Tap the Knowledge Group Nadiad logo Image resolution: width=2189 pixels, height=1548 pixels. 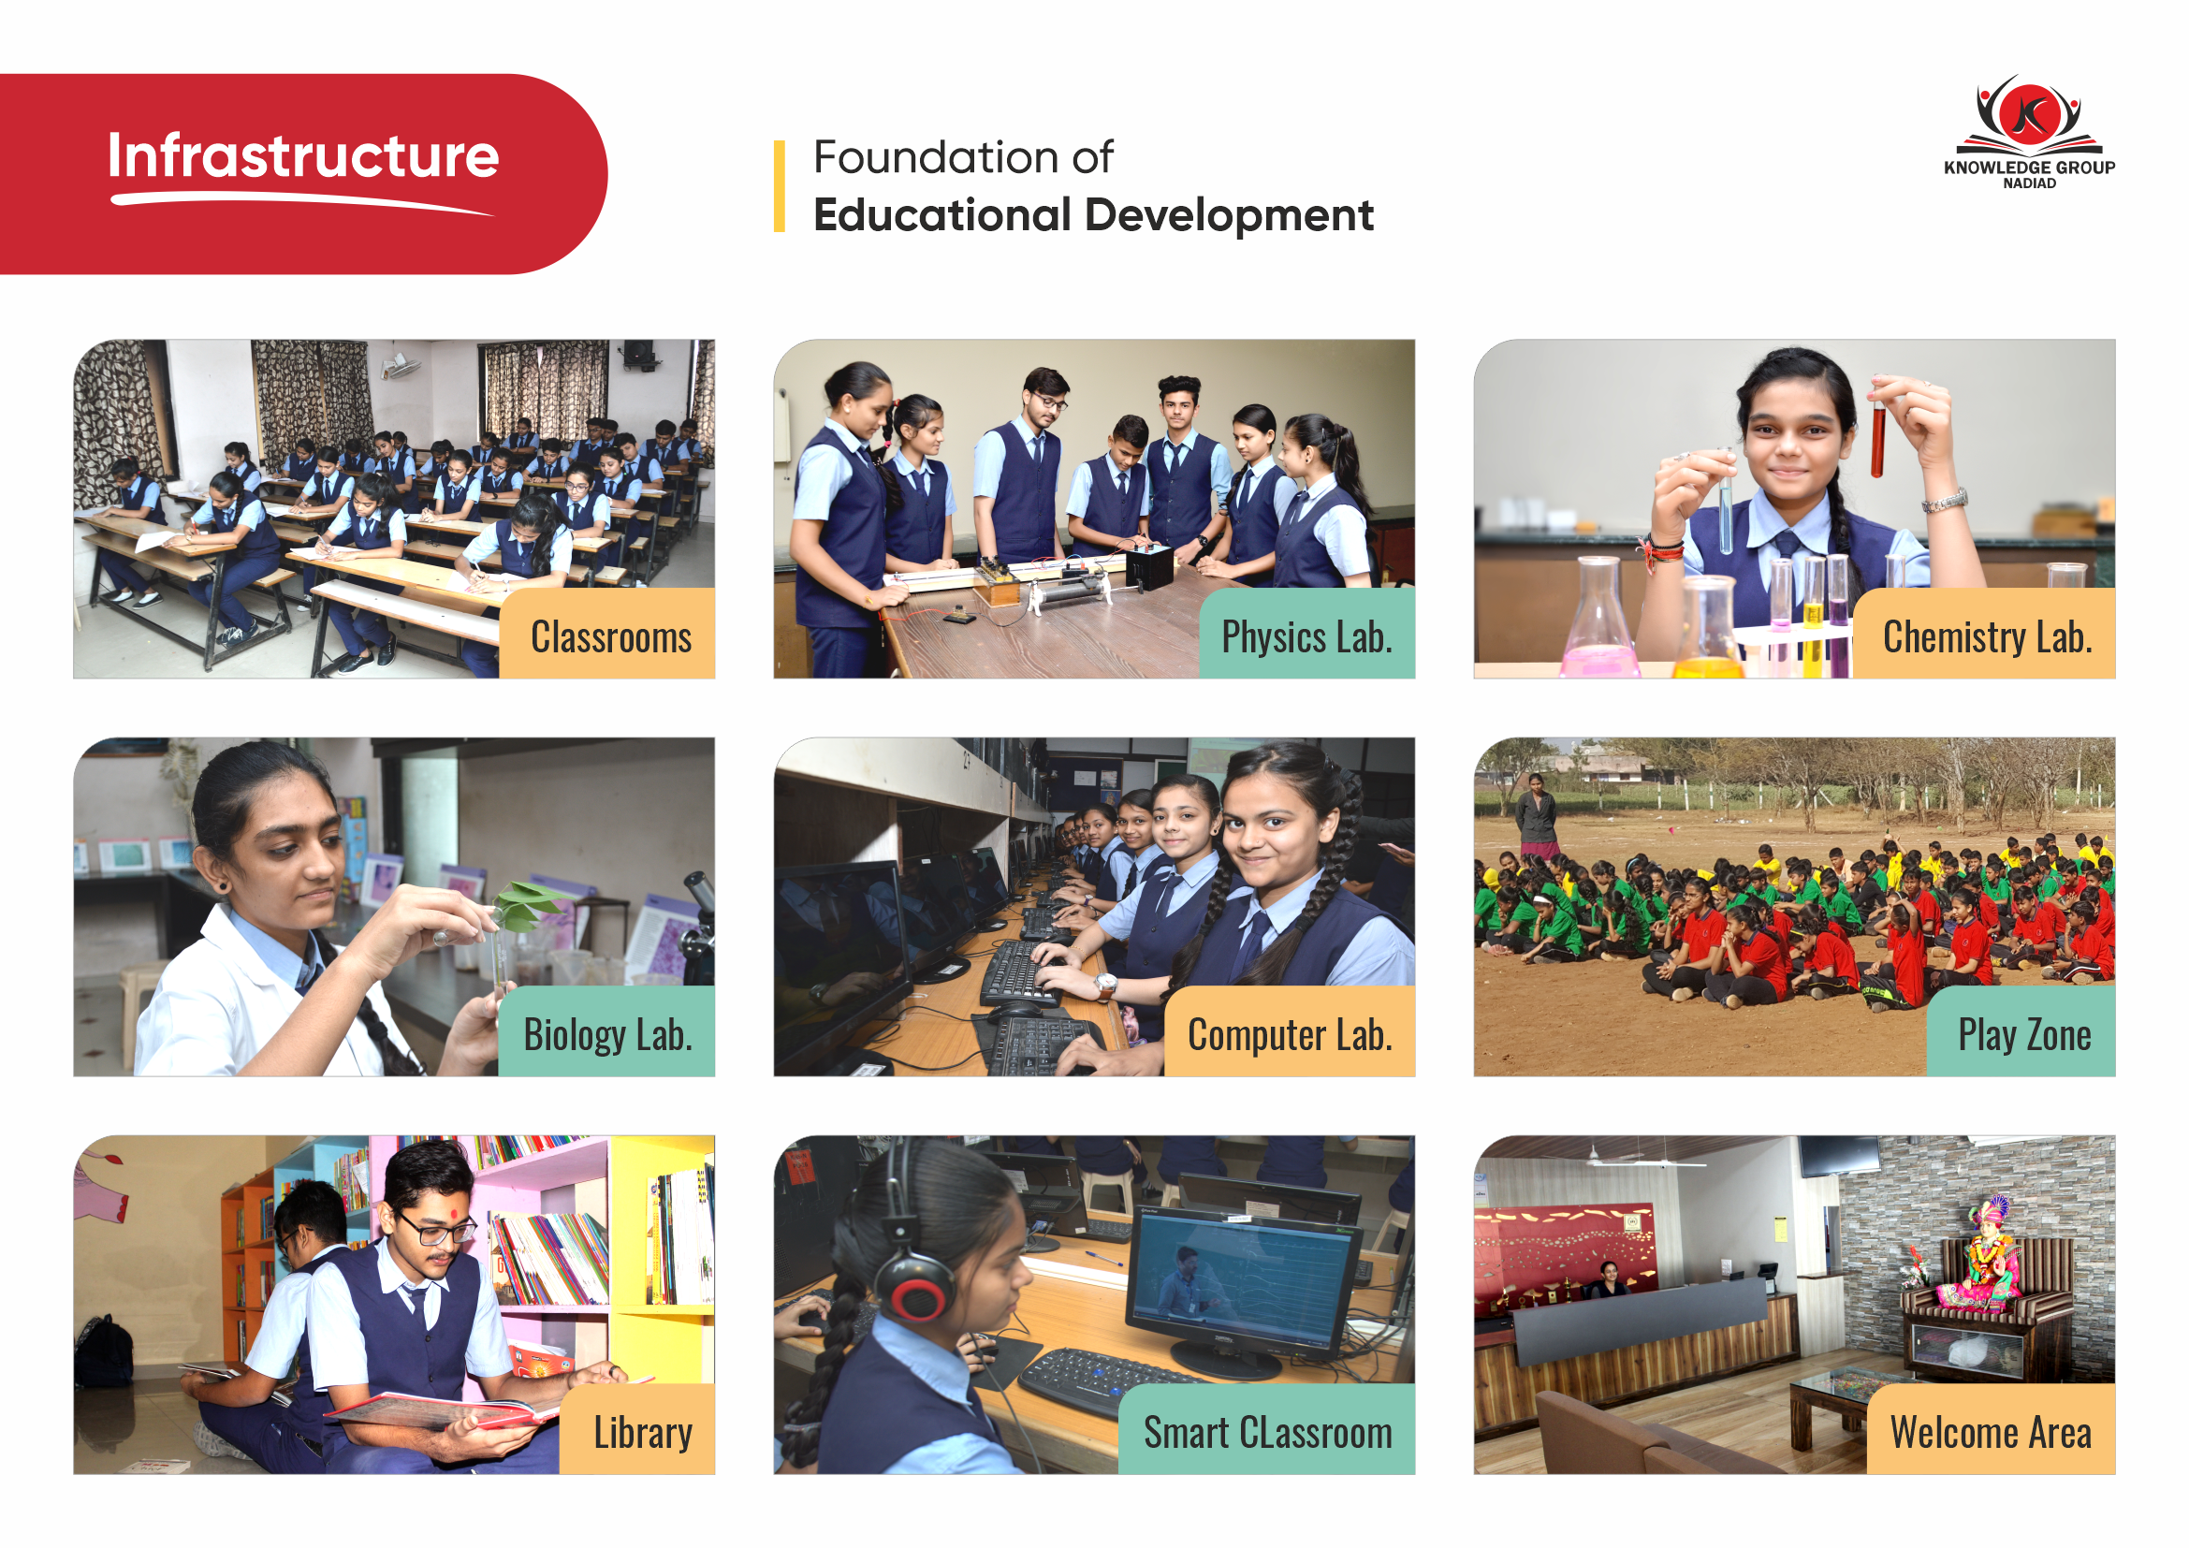point(2029,132)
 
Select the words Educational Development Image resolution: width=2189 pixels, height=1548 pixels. point(1093,215)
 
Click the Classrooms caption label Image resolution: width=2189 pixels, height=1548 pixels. point(607,634)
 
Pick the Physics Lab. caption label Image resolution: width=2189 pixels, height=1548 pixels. point(1307,634)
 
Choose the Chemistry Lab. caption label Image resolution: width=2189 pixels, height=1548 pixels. point(1985,634)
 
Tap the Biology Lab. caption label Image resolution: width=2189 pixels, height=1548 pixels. point(607,1032)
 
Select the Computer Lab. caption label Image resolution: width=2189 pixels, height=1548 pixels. point(1290,1032)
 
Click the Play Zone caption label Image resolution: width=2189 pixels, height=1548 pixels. point(2022,1032)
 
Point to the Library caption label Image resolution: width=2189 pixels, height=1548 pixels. point(638,1430)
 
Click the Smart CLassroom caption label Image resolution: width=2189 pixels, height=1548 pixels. point(1267,1430)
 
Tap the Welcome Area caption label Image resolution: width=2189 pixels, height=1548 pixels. point(1991,1430)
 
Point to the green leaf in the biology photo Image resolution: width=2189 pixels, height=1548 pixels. point(524,907)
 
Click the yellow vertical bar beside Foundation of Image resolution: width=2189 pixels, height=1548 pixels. point(780,187)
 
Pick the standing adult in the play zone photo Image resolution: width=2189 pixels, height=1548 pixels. point(1535,818)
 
